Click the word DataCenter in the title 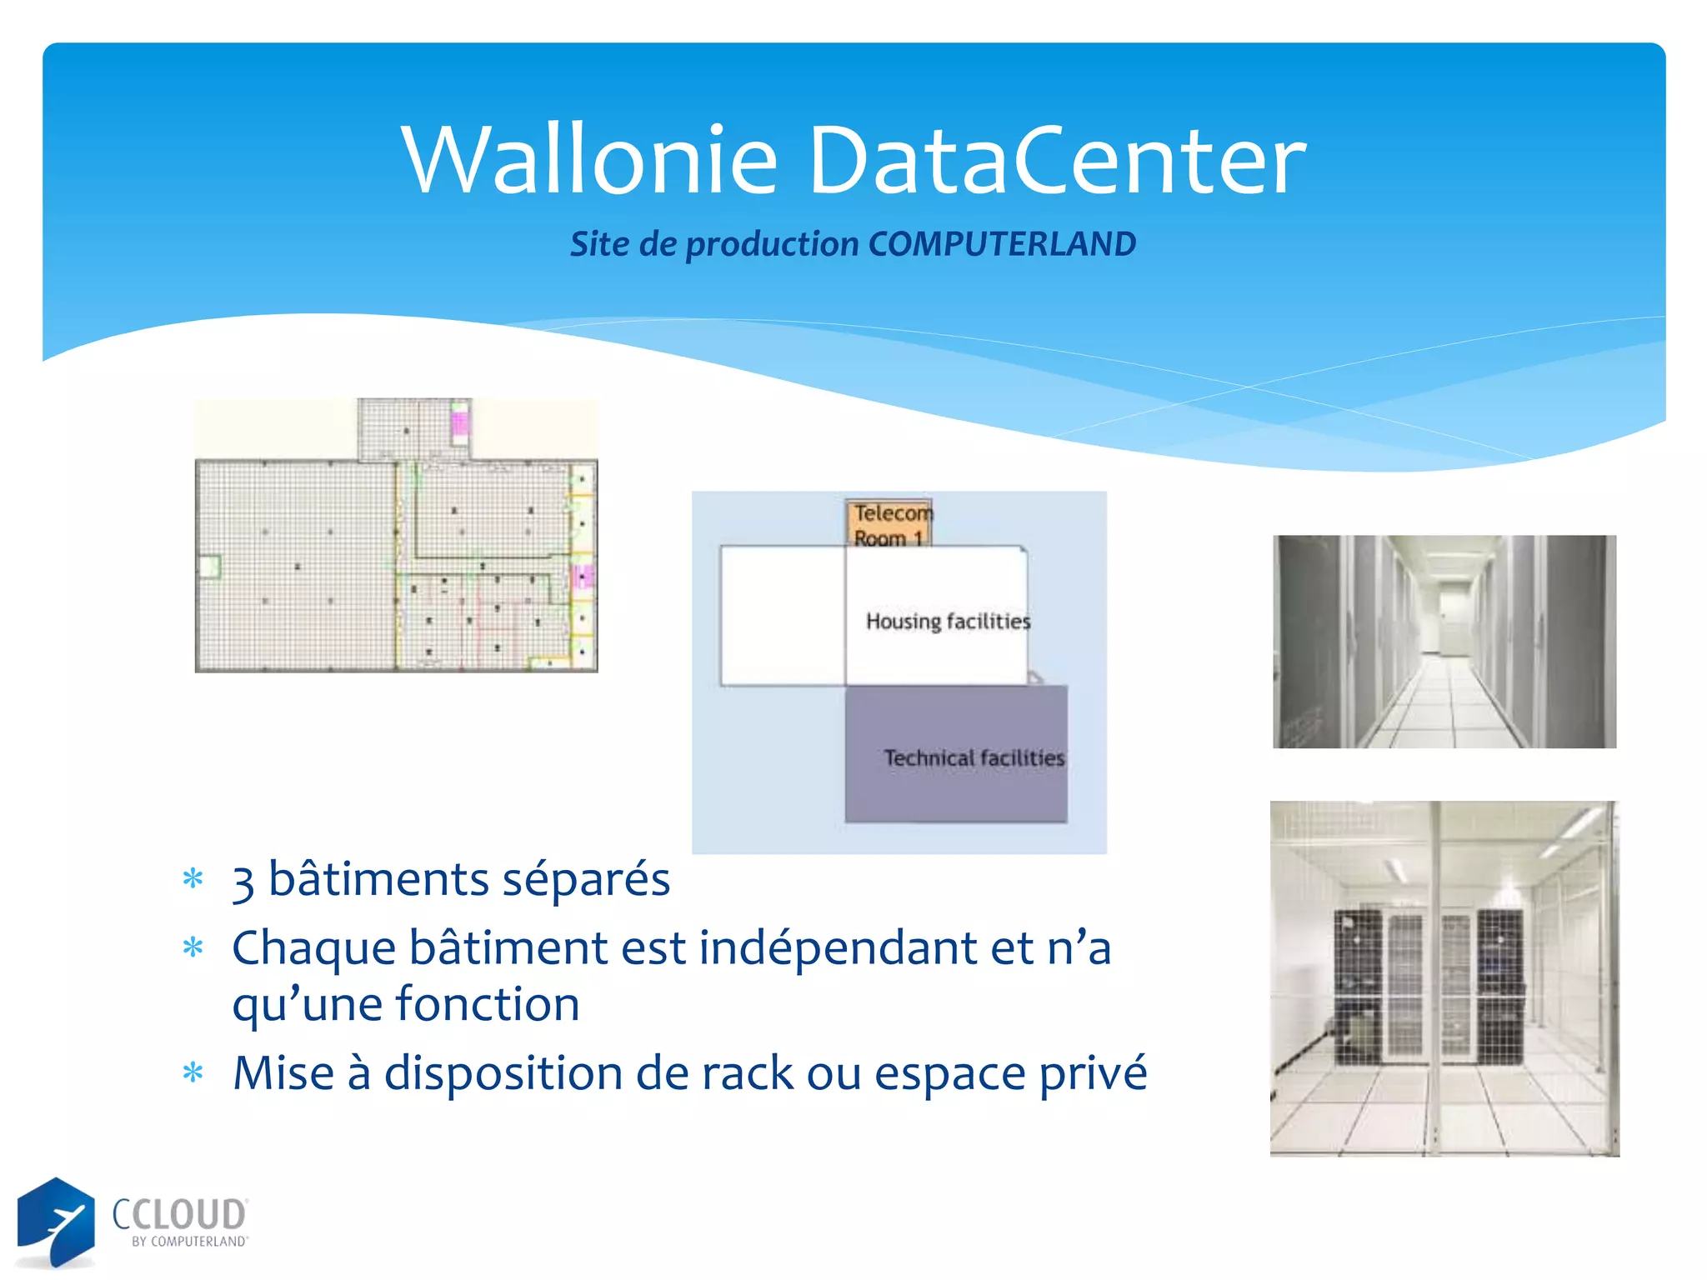[x=1056, y=159]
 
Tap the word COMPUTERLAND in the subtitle [x=1002, y=244]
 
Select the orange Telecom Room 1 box [x=889, y=523]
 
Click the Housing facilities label [x=948, y=621]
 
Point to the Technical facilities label [x=974, y=757]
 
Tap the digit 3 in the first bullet [x=243, y=882]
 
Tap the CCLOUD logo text [x=179, y=1215]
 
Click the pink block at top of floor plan [x=459, y=419]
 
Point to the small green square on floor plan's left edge [x=208, y=567]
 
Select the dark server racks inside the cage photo [x=1429, y=987]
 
